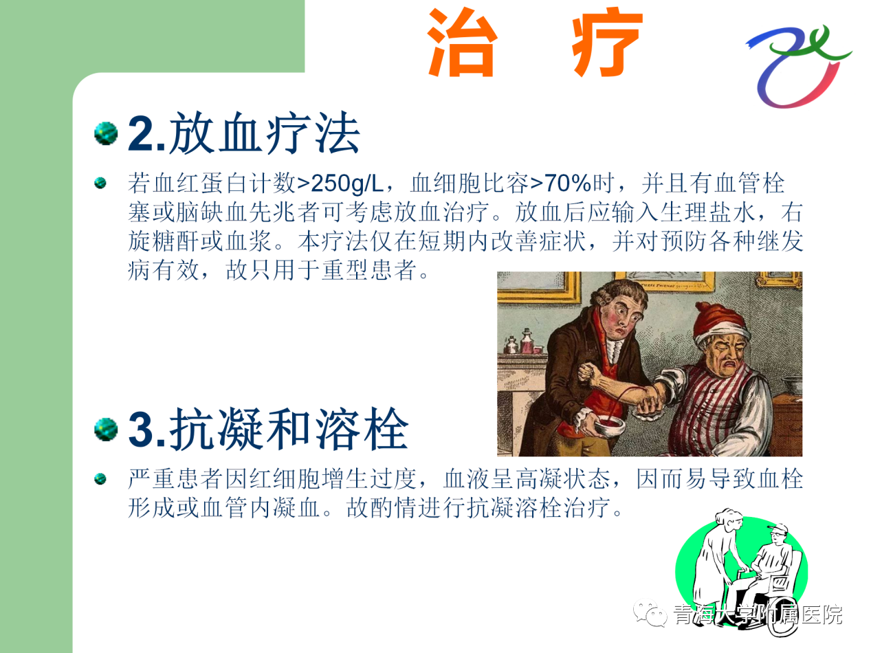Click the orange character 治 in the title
(x=462, y=43)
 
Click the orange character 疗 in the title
(x=607, y=43)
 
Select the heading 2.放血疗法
(x=243, y=133)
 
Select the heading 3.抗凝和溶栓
(x=268, y=429)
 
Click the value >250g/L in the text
(x=340, y=184)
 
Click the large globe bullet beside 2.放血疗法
(x=106, y=133)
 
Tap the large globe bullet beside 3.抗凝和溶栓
(x=106, y=429)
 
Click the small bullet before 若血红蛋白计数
(x=100, y=184)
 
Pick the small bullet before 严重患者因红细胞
(x=100, y=479)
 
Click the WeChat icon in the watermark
(x=650, y=614)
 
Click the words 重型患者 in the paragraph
(x=368, y=269)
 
